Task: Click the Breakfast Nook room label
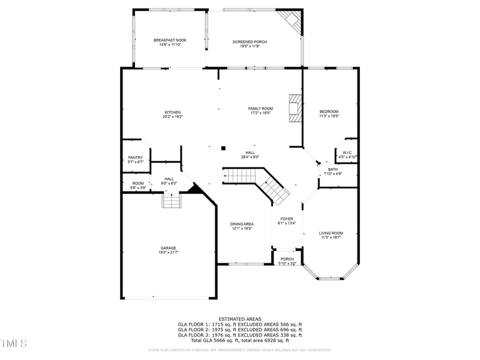170,40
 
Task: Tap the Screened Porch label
250,41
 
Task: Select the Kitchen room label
173,112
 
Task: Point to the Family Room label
260,109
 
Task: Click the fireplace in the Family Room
295,108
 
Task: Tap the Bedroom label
329,112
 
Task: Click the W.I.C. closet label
349,152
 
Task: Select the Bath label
332,169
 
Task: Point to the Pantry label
136,157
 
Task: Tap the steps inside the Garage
171,201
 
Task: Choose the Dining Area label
242,224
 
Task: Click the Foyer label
287,219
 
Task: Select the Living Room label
331,233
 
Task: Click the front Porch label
287,259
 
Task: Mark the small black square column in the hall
223,148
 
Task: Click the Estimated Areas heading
239,319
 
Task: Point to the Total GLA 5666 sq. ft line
239,340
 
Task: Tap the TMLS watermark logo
14,343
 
